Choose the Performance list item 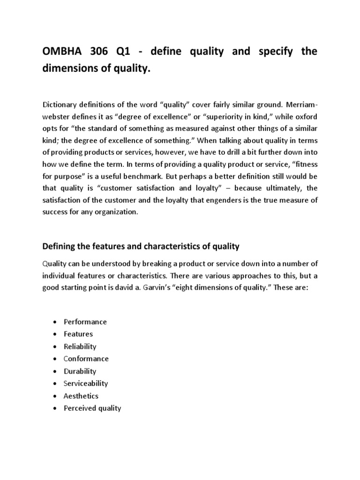[x=85, y=322]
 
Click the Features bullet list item [x=78, y=334]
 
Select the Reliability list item [x=80, y=346]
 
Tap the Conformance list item [x=86, y=359]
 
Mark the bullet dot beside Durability [x=55, y=371]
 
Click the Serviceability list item [x=86, y=383]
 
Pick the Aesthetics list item [x=81, y=396]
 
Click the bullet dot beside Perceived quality [x=55, y=408]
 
